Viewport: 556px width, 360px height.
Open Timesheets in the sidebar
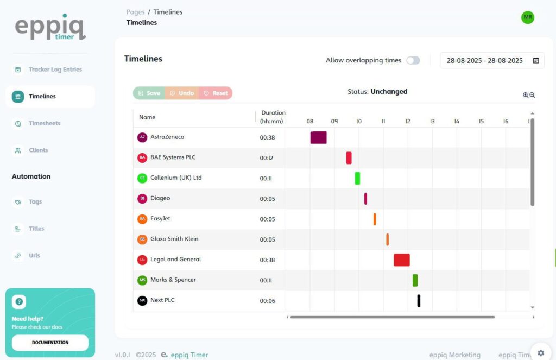pos(45,123)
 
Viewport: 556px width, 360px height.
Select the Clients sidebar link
pos(38,150)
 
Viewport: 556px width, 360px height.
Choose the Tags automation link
pos(35,202)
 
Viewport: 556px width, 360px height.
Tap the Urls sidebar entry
pos(34,256)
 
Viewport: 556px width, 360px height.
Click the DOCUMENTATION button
pos(50,343)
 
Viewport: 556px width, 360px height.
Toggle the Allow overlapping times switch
pos(413,60)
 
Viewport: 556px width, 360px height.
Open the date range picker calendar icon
pos(536,60)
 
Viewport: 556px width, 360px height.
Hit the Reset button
pos(216,93)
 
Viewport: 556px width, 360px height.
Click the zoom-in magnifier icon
pos(526,95)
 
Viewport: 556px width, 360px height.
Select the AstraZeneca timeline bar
pos(318,137)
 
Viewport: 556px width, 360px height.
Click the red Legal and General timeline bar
pos(401,260)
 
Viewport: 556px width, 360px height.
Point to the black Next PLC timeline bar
pos(419,300)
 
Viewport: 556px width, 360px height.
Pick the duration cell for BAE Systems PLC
pos(267,158)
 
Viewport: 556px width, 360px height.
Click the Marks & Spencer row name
pos(173,280)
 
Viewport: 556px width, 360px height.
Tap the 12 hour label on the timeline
pos(408,122)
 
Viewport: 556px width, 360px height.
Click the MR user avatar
pos(528,17)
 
